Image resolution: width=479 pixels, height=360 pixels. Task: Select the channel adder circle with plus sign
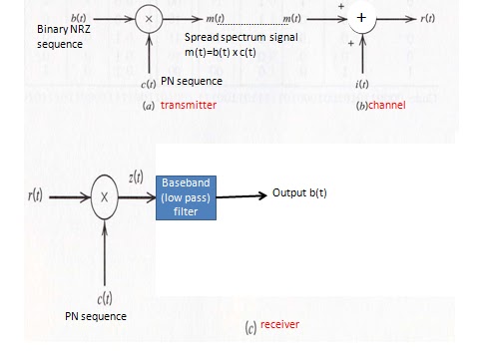click(360, 19)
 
